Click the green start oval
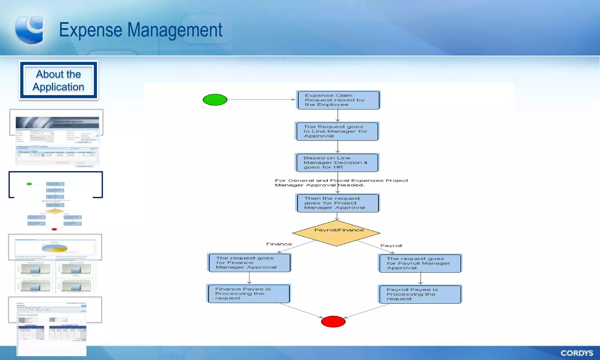point(215,100)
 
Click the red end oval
point(333,321)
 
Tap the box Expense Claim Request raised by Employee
point(338,100)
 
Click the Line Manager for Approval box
point(337,131)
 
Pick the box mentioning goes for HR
point(337,163)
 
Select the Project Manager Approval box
point(337,203)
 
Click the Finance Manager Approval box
point(249,263)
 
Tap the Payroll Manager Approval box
point(420,263)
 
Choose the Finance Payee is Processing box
point(248,294)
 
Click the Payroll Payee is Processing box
point(420,294)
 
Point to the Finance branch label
point(279,244)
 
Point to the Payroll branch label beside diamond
point(391,246)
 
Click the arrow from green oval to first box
point(261,100)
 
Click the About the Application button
point(59,81)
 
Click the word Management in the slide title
point(175,30)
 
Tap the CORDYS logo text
point(577,353)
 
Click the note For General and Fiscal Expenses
point(341,183)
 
